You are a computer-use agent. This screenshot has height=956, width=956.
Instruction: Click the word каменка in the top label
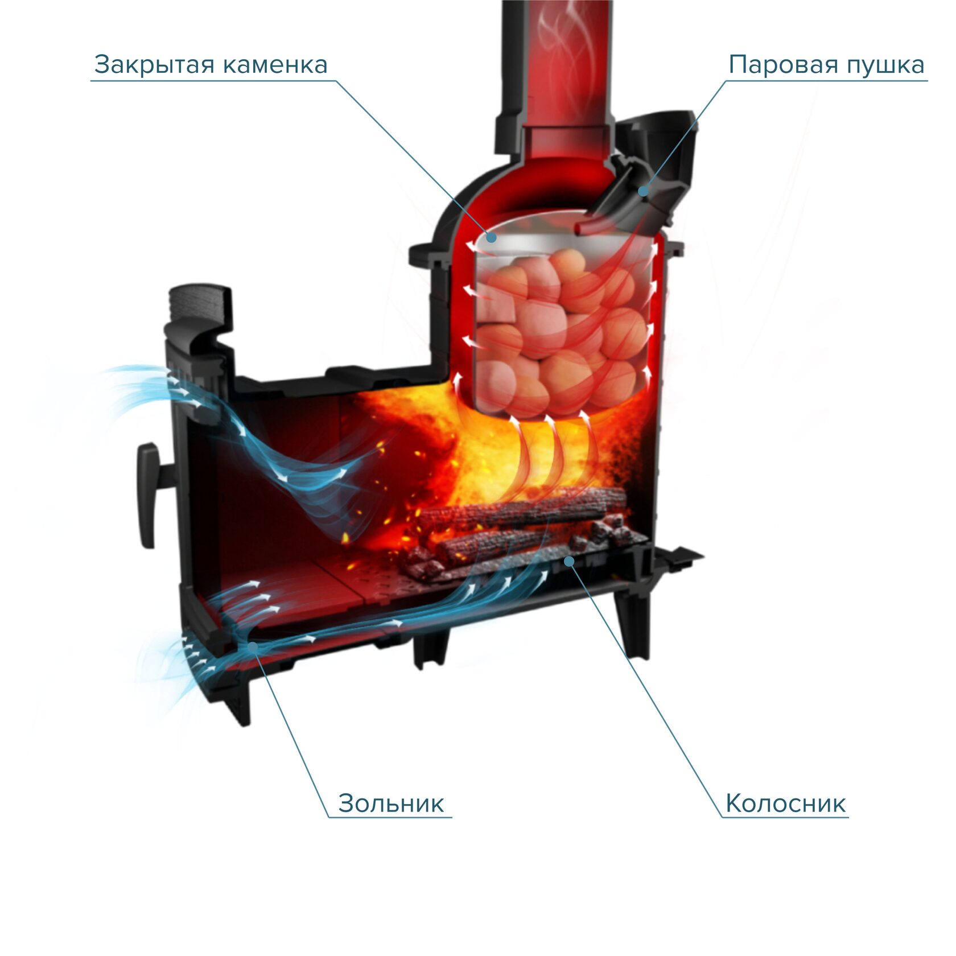point(275,65)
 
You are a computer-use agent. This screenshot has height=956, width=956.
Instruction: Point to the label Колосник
point(785,803)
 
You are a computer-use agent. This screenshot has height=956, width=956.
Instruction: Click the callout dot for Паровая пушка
point(643,191)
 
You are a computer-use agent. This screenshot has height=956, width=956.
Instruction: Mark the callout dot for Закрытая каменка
point(491,237)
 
